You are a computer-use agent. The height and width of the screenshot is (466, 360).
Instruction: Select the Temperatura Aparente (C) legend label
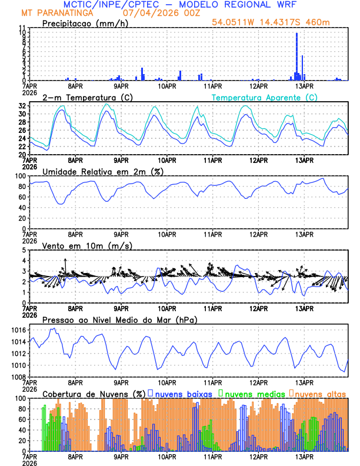click(264, 97)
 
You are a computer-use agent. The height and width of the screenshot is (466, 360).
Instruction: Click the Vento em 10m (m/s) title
click(79, 245)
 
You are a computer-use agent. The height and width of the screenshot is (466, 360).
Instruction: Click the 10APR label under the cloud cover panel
click(166, 456)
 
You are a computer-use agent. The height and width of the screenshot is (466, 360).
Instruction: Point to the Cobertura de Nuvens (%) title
click(94, 394)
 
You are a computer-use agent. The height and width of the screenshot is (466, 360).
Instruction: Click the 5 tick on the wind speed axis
click(24, 250)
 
